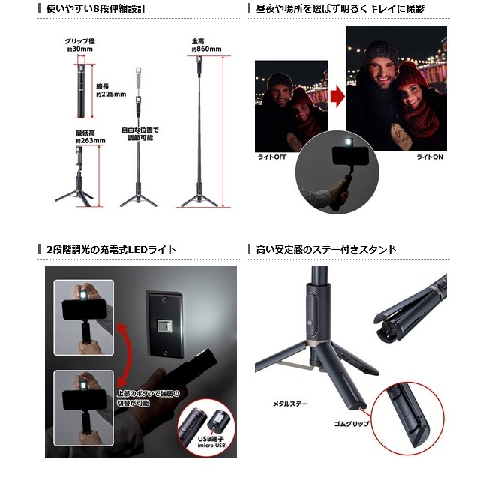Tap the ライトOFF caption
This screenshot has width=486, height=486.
point(272,157)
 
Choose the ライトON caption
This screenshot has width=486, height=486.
point(430,157)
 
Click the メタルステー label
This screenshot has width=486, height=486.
point(290,403)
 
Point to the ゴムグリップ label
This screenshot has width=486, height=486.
point(352,424)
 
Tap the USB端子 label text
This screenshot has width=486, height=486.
point(211,439)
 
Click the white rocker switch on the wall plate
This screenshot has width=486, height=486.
point(164,325)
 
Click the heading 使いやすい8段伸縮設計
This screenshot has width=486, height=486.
point(96,9)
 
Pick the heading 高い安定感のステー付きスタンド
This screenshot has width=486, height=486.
point(326,249)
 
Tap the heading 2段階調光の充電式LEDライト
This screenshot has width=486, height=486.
point(111,249)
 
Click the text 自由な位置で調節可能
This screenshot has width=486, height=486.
point(140,134)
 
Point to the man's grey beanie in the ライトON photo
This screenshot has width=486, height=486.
point(381,52)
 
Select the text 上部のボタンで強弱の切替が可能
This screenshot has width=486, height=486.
point(148,398)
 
